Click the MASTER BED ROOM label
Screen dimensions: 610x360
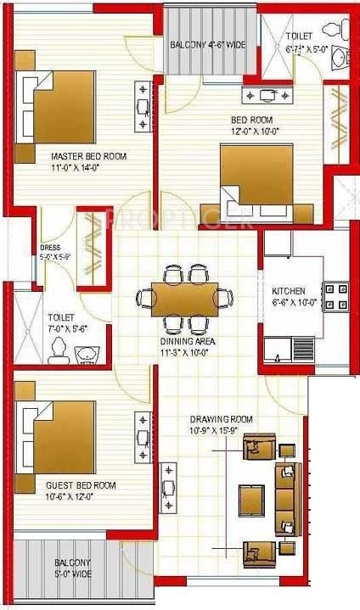pos(88,156)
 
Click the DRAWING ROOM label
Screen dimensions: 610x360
pos(221,419)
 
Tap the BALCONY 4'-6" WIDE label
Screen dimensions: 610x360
pos(208,44)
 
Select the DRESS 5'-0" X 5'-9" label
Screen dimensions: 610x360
pos(49,249)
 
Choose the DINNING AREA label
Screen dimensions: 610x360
pos(188,341)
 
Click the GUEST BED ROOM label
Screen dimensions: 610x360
pos(81,485)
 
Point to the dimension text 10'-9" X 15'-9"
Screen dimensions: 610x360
pos(221,430)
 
